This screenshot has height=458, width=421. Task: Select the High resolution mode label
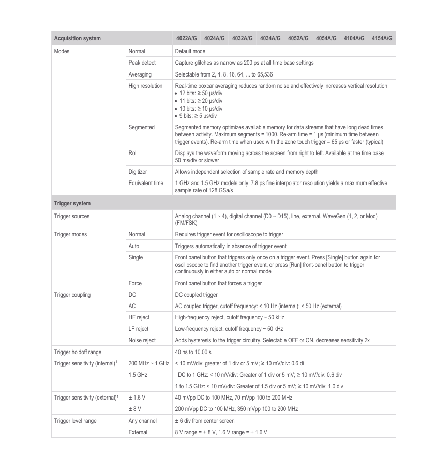tap(145, 86)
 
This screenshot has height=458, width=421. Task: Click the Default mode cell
tap(190, 51)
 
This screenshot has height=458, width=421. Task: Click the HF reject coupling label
tap(139, 317)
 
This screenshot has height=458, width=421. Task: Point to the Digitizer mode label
tap(139, 171)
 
